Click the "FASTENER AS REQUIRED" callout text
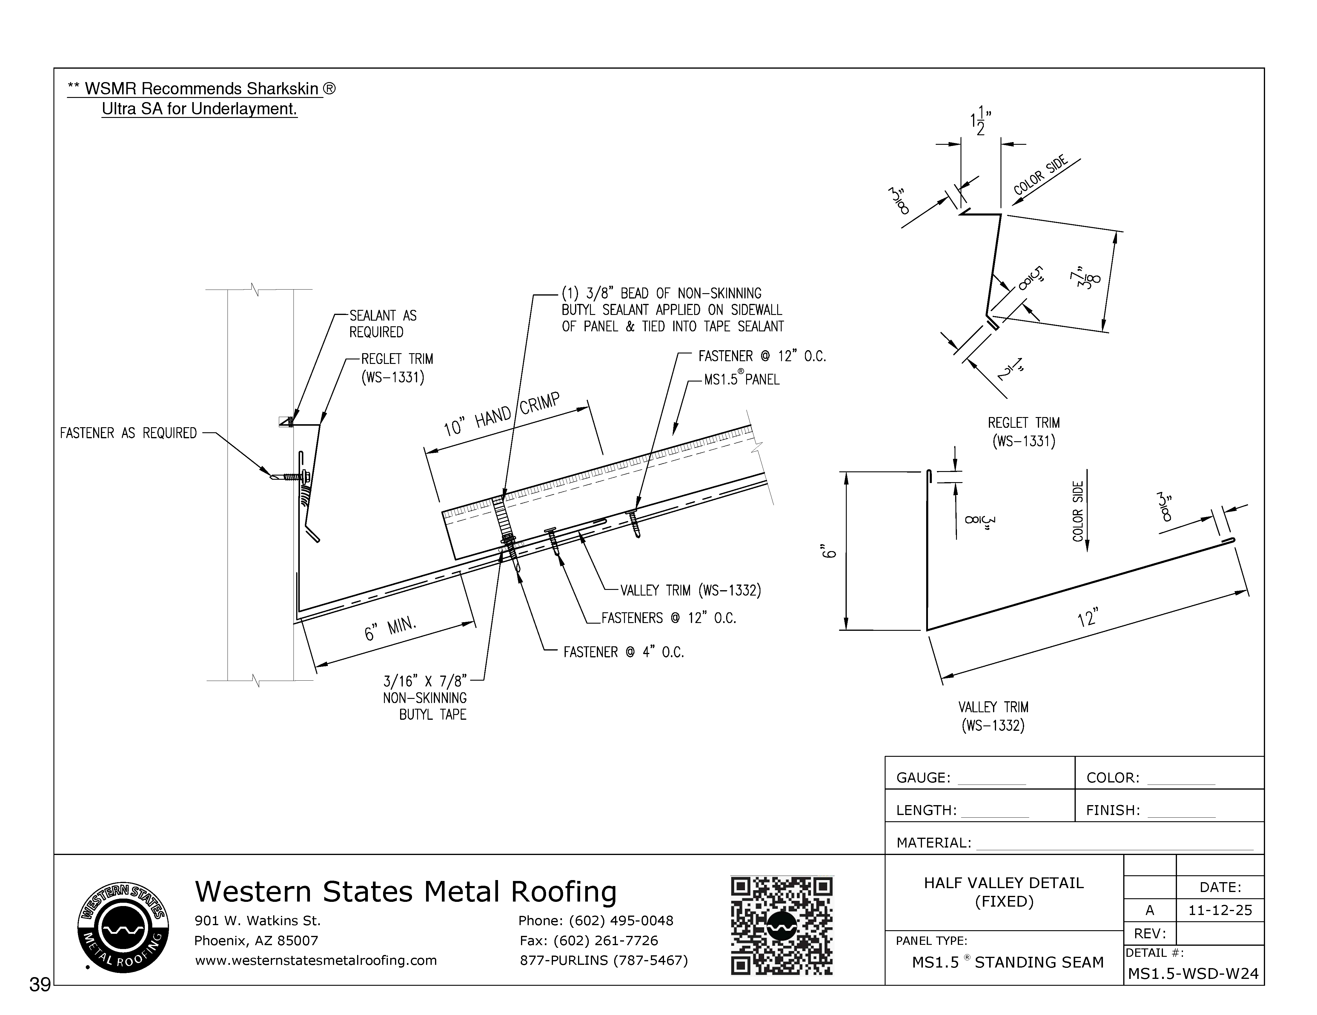128,433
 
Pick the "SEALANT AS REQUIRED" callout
383,324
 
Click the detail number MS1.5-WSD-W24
1193,974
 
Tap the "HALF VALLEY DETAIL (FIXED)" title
1003,892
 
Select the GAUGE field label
923,778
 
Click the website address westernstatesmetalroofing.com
315,960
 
